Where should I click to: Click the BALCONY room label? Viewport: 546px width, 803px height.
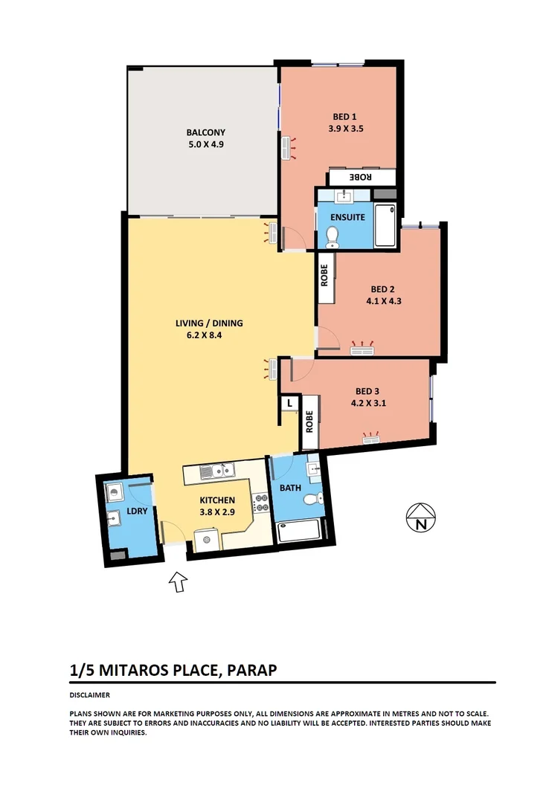point(205,133)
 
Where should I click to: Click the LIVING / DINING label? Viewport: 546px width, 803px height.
point(209,323)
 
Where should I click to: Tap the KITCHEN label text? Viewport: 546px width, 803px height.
point(217,500)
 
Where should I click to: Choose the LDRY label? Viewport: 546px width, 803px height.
point(136,512)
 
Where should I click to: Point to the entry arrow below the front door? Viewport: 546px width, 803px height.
point(178,581)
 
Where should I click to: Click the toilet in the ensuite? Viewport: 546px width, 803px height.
point(333,236)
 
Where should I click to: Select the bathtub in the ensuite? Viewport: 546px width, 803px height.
point(385,225)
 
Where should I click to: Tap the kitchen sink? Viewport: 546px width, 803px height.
point(217,470)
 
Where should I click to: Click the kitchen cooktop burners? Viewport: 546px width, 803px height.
point(261,503)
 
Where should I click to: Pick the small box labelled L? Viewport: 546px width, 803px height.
point(289,404)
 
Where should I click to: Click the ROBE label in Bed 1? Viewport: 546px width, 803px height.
point(361,177)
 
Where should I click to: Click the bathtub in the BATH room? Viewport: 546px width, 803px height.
point(298,532)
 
